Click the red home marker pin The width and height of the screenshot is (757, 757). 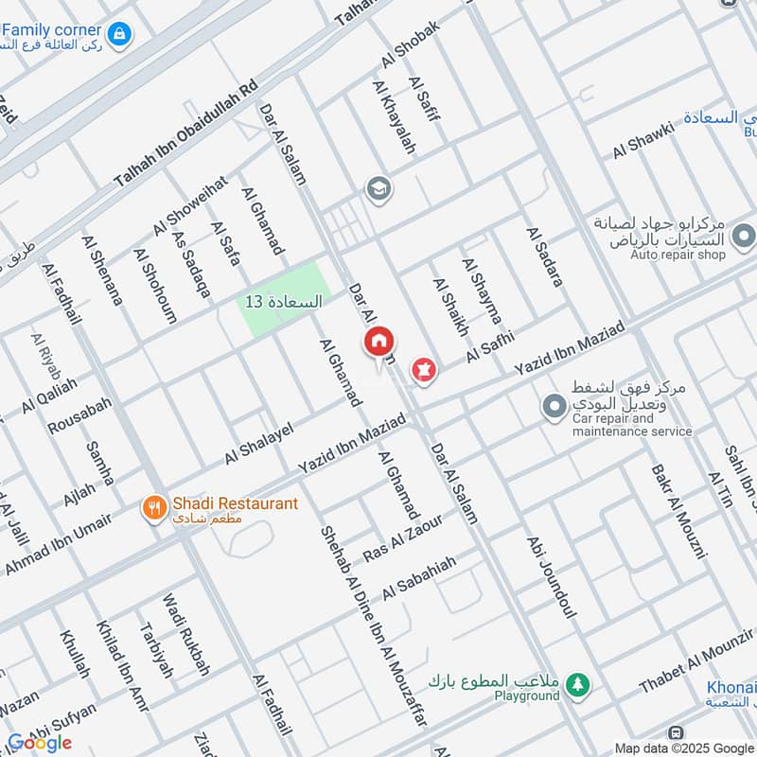point(379,343)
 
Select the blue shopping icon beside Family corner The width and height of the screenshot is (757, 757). point(120,34)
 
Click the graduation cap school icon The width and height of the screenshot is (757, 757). point(380,188)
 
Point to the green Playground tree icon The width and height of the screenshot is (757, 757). point(577,682)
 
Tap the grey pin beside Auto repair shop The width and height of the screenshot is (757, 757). point(744,234)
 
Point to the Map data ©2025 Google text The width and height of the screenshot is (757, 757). point(684,747)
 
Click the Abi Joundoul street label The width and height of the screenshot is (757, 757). point(552,577)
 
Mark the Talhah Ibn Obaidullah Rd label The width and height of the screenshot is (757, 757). point(185,132)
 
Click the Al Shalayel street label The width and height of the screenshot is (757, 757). point(259,442)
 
